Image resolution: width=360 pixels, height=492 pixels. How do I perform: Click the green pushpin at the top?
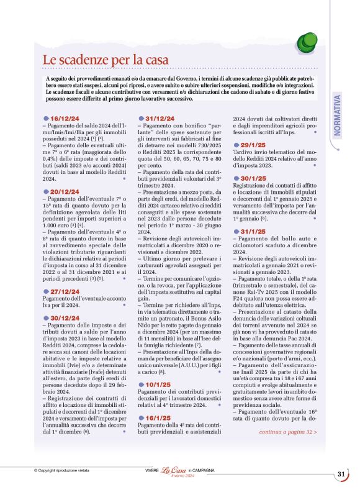(308, 42)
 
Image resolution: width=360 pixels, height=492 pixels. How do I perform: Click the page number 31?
(341, 474)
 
